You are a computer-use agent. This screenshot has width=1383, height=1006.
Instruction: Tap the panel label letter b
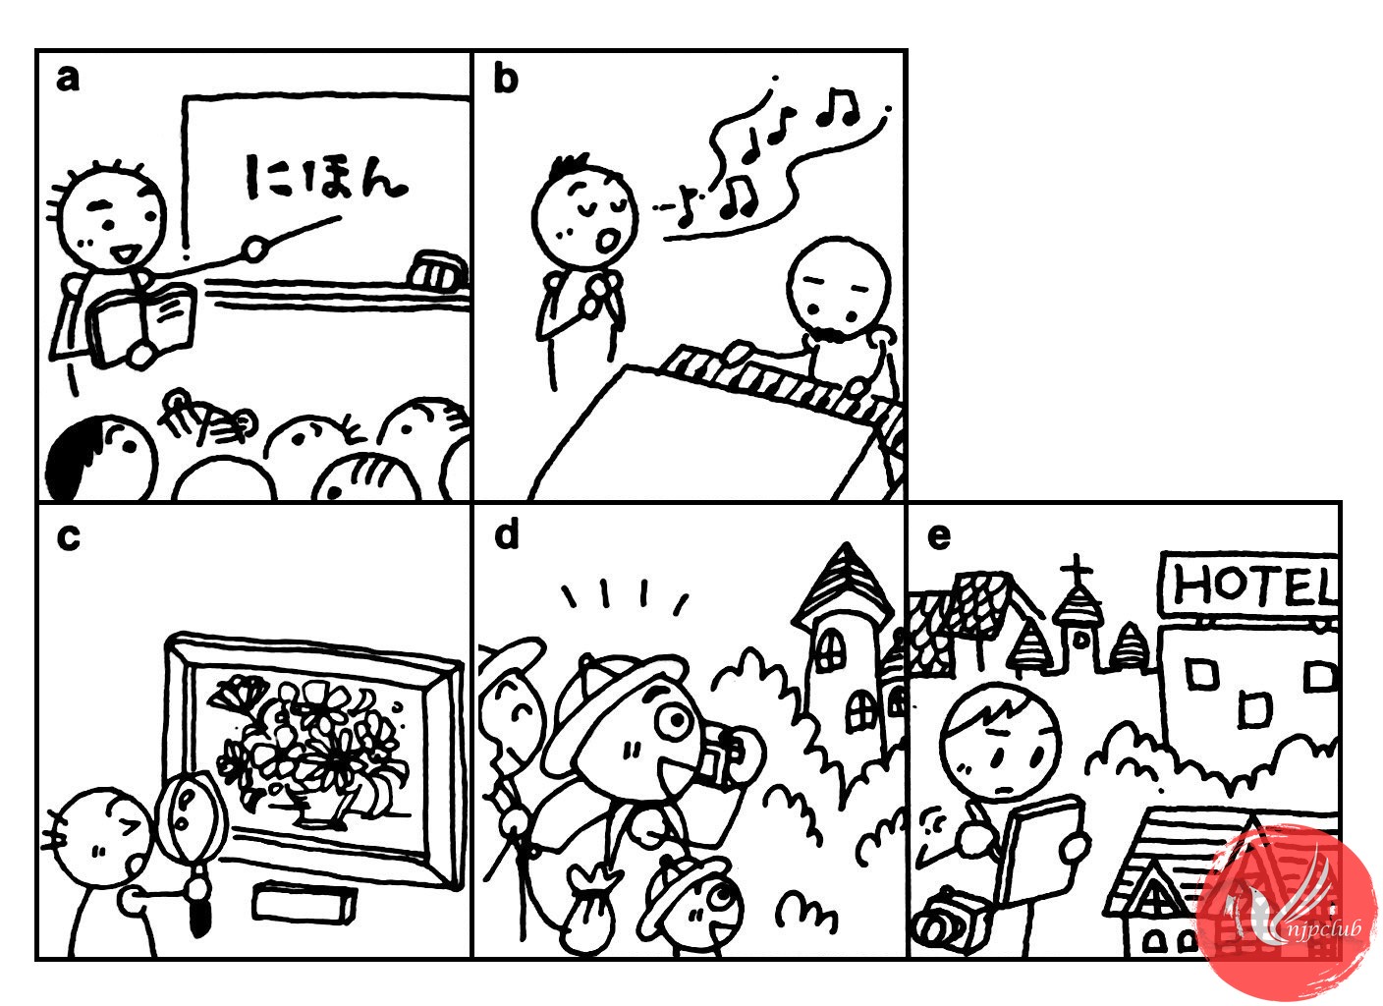pos(506,79)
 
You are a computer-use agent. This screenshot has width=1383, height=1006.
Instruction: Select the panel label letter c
pos(68,538)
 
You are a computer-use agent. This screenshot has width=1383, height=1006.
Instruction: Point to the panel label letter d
pos(507,534)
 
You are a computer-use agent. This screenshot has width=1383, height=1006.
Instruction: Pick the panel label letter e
pos(939,538)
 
